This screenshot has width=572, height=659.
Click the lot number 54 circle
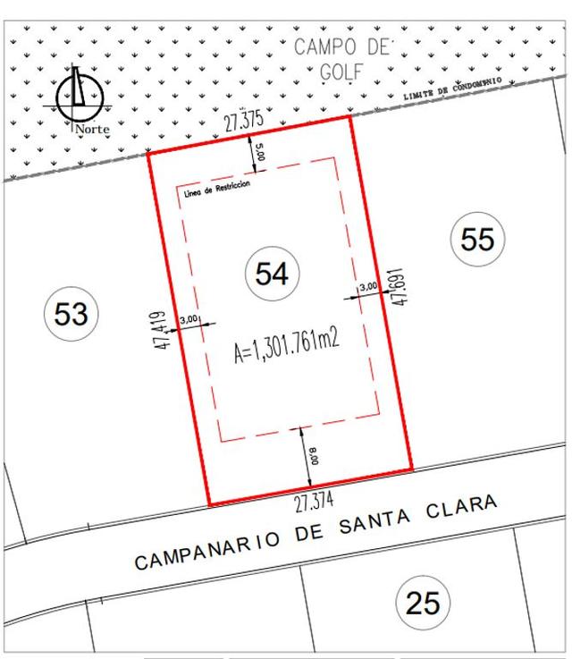tap(272, 274)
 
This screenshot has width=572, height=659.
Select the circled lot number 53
tap(71, 314)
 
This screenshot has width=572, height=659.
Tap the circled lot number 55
tap(477, 239)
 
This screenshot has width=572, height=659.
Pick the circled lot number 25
tap(422, 603)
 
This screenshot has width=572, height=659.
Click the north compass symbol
tap(80, 95)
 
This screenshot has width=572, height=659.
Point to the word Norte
tap(93, 129)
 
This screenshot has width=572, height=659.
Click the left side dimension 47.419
tap(160, 330)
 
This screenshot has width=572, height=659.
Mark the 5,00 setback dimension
tap(260, 152)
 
